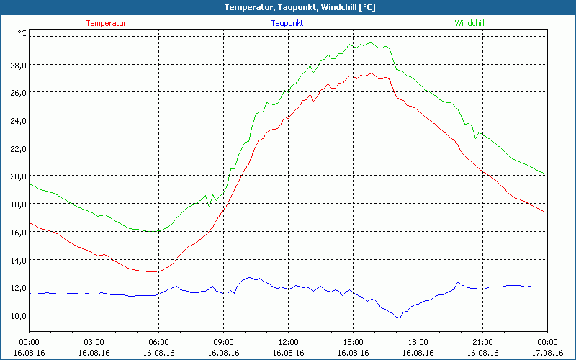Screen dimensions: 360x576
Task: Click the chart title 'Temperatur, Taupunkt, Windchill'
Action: point(289,7)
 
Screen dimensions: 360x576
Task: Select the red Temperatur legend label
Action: point(106,23)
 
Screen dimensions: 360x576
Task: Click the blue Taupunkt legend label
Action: point(287,23)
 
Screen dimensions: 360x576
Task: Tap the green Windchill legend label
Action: point(469,23)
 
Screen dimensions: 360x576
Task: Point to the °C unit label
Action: point(22,33)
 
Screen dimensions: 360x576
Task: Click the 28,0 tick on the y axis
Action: point(18,65)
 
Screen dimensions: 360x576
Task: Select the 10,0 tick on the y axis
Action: point(18,315)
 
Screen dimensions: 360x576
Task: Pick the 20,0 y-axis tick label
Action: point(18,176)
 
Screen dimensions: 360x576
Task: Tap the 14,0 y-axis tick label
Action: point(18,260)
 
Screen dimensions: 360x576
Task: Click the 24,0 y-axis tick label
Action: point(18,120)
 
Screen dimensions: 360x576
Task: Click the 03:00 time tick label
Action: point(94,342)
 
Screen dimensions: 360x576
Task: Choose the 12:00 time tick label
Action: point(288,342)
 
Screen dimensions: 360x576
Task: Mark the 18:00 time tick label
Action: point(418,342)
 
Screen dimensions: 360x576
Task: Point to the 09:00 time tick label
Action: point(223,342)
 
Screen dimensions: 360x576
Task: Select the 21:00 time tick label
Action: point(482,342)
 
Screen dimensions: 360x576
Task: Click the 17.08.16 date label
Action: point(547,352)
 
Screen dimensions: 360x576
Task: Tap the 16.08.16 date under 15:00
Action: point(353,352)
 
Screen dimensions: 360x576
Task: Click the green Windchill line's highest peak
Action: point(369,42)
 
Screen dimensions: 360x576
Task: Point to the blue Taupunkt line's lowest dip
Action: point(399,318)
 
